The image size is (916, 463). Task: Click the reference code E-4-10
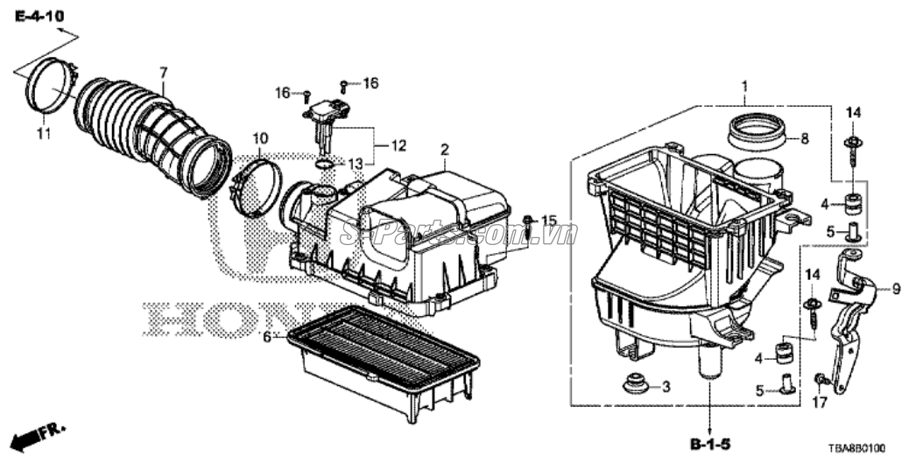[x=38, y=17]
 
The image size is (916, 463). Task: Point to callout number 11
[x=43, y=133]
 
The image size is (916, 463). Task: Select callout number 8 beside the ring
[x=804, y=137]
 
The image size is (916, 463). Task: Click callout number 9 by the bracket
[x=896, y=287]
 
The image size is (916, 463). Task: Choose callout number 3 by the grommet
[x=666, y=386]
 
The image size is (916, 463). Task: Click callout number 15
[x=548, y=220]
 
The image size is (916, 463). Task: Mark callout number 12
[x=399, y=145]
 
